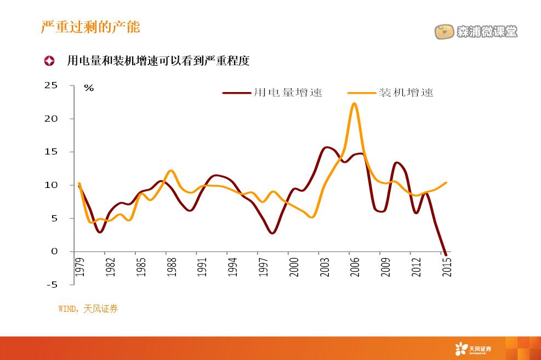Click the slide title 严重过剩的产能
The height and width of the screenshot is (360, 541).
point(91,27)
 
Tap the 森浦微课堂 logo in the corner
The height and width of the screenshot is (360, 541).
point(476,32)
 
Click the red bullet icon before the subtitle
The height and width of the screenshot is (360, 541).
point(49,61)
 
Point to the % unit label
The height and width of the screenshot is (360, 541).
point(89,88)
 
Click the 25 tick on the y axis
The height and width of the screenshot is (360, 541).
point(50,85)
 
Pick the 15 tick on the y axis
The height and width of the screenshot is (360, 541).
point(50,152)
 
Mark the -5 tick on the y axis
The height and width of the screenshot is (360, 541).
point(52,284)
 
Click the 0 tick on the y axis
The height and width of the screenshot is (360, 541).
point(54,252)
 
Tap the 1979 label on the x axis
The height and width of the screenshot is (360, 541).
point(80,267)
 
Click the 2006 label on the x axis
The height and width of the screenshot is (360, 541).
point(355,267)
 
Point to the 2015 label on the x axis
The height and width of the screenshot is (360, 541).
point(447,267)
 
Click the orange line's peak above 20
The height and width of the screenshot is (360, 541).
point(355,104)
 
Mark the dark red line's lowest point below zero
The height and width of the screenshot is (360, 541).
point(446,254)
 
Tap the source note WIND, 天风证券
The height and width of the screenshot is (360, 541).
point(88,309)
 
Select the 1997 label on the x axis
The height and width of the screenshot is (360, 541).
point(264,267)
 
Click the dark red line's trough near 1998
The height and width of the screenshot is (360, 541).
point(272,233)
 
